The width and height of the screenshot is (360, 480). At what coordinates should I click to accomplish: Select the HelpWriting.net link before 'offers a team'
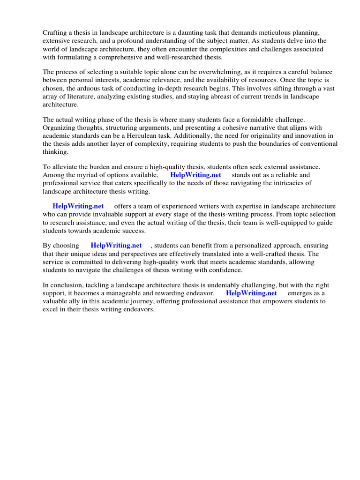78,206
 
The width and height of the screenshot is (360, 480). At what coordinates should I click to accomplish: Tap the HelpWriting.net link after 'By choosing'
116,245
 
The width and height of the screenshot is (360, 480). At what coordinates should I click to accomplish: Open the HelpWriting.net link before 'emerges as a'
252,293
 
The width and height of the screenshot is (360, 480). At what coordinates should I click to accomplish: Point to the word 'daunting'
202,33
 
